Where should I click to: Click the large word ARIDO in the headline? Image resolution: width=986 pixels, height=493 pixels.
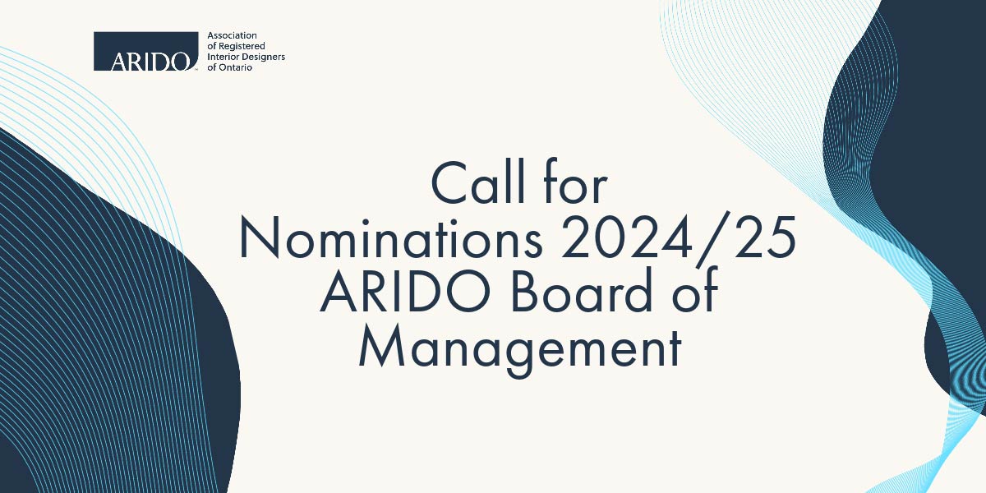405,292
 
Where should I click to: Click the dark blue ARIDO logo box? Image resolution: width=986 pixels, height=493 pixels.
145,51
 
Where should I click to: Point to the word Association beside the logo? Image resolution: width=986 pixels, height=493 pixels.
232,35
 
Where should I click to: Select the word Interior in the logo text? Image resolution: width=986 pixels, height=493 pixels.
222,57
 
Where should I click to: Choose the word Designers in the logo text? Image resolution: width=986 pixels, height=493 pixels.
262,58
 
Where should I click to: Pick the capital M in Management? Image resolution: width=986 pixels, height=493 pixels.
382,346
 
